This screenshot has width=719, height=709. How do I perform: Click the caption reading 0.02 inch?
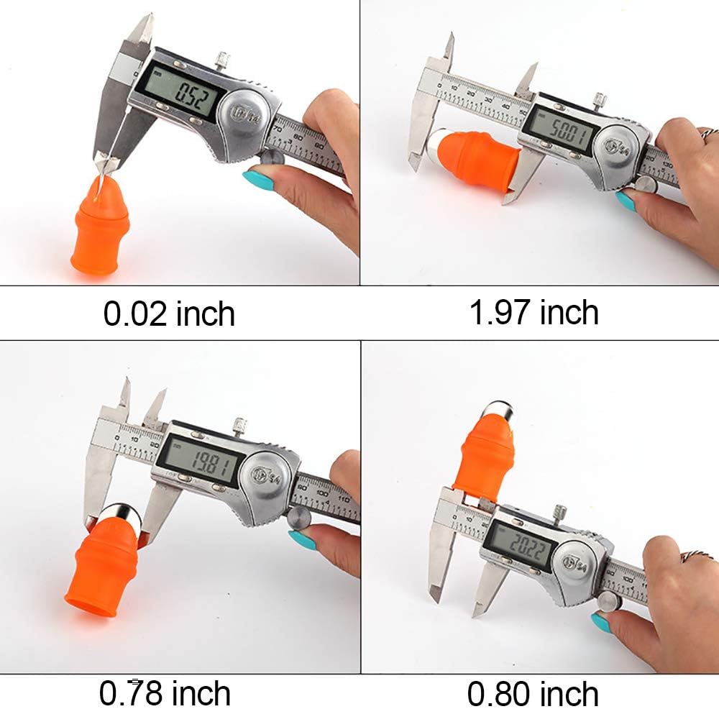(x=169, y=314)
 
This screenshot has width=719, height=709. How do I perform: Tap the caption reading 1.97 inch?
(x=533, y=313)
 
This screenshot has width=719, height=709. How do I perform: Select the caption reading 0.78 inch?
(x=165, y=693)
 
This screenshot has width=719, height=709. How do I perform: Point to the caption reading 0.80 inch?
(x=533, y=693)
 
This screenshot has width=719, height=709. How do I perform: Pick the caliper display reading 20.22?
(x=521, y=545)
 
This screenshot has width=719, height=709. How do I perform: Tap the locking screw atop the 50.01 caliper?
(x=597, y=99)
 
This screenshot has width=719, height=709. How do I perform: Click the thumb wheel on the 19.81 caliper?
(x=298, y=517)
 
